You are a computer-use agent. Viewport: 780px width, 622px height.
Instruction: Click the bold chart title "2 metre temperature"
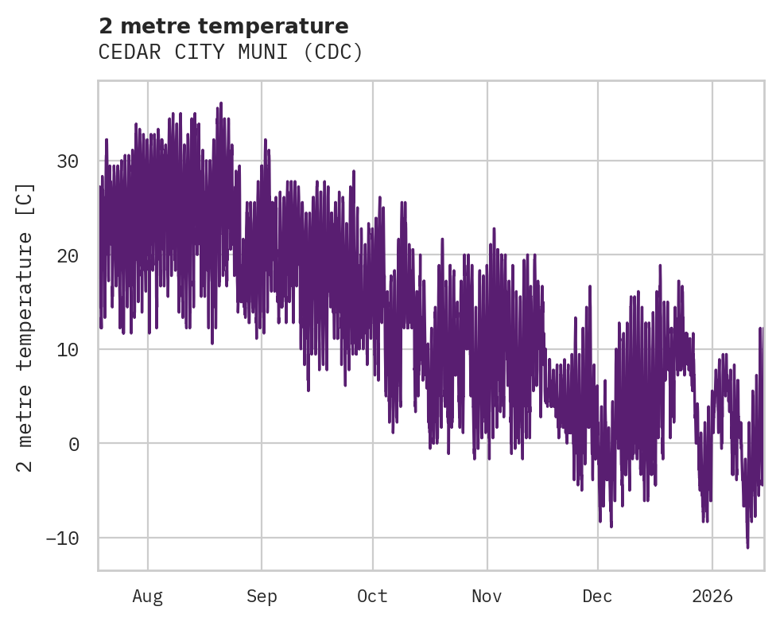223,27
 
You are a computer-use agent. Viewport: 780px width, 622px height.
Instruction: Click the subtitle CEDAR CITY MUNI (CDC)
231,52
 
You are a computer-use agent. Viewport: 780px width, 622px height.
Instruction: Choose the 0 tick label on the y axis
74,444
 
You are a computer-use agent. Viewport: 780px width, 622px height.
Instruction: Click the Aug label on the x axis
148,596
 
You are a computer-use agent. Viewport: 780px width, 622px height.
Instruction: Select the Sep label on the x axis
262,596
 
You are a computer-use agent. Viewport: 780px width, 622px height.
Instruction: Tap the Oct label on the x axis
372,596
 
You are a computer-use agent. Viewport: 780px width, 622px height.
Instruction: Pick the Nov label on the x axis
487,596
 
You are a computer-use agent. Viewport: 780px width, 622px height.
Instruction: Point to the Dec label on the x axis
597,596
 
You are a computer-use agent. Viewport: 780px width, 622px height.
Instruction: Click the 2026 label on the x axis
712,596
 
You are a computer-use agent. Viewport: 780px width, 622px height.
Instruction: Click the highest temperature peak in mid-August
220,103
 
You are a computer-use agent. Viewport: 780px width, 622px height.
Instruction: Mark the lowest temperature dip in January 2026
747,546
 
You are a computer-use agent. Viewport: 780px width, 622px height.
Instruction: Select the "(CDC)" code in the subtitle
337,52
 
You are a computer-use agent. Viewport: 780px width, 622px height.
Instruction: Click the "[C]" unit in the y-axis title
25,199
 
